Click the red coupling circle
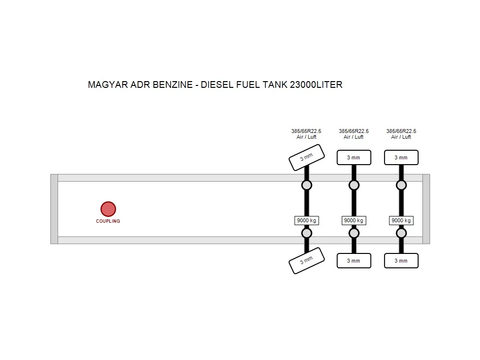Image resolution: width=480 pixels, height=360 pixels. pos(108,209)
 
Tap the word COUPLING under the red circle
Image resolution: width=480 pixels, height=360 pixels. pos(108,221)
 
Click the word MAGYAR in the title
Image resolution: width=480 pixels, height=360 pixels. pos(108,84)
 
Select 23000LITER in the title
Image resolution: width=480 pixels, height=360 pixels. pos(316,84)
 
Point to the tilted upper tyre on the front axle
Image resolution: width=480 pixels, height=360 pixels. pos(306,157)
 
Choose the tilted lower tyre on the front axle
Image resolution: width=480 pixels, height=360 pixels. pos(306,261)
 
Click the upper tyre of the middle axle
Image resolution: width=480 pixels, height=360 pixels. pos(354,157)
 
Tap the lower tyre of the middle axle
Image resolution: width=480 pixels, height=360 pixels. pos(354,261)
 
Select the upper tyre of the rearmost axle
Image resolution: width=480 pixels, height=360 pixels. pos(401,157)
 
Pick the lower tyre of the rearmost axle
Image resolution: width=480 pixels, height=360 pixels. pos(401,261)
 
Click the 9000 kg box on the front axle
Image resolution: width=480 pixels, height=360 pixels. pos(307,220)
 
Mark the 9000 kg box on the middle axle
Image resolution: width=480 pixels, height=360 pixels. pos(354,220)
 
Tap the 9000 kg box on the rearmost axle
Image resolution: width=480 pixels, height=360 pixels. pos(401,220)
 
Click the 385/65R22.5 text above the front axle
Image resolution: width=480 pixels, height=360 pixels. pos(306,131)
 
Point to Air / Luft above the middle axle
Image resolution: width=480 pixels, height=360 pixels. pos(354,137)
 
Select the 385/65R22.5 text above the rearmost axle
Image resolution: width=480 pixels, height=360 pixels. pos(401,131)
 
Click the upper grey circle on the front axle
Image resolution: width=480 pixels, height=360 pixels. pos(307,185)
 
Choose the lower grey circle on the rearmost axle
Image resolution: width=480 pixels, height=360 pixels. pos(401,233)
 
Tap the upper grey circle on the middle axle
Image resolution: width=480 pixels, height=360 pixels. pos(354,185)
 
